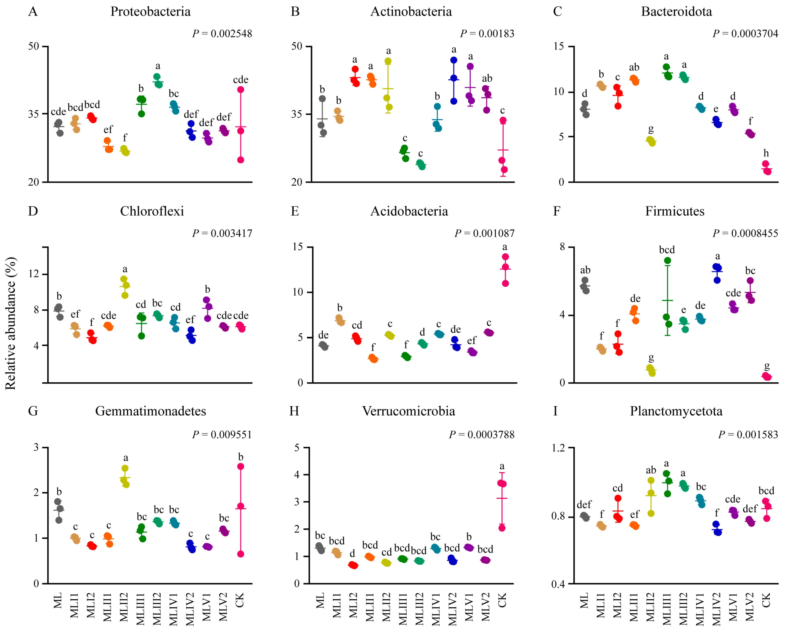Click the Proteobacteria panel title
[x=150, y=12]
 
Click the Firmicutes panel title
[x=675, y=211]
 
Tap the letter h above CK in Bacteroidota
[x=766, y=153]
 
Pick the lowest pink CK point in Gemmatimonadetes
[x=241, y=554]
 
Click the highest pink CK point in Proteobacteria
[x=241, y=90]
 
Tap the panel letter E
[x=295, y=211]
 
